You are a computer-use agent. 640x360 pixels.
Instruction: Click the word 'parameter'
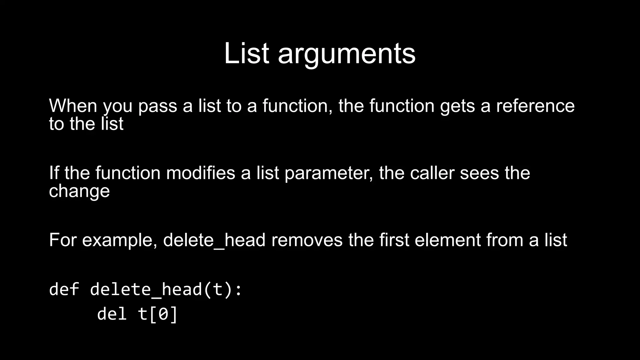[329, 173]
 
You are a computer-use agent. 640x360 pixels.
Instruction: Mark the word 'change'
[79, 191]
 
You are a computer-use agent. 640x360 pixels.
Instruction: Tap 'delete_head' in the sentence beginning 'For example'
[214, 240]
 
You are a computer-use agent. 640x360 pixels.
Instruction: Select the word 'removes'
[307, 240]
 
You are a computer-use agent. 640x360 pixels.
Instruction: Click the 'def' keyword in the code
[64, 289]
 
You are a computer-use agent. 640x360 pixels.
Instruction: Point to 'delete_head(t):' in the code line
[166, 289]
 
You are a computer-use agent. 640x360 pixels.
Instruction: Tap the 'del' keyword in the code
[112, 314]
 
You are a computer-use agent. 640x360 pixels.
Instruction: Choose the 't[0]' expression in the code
[158, 314]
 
